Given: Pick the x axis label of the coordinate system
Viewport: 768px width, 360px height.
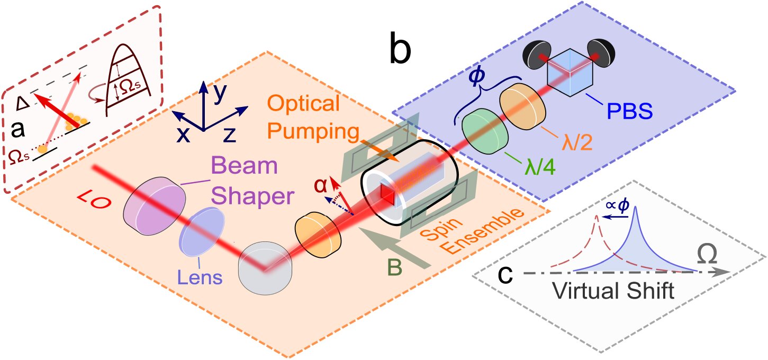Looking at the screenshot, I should tap(183, 136).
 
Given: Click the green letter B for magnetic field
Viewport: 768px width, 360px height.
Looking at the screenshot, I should tap(394, 267).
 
